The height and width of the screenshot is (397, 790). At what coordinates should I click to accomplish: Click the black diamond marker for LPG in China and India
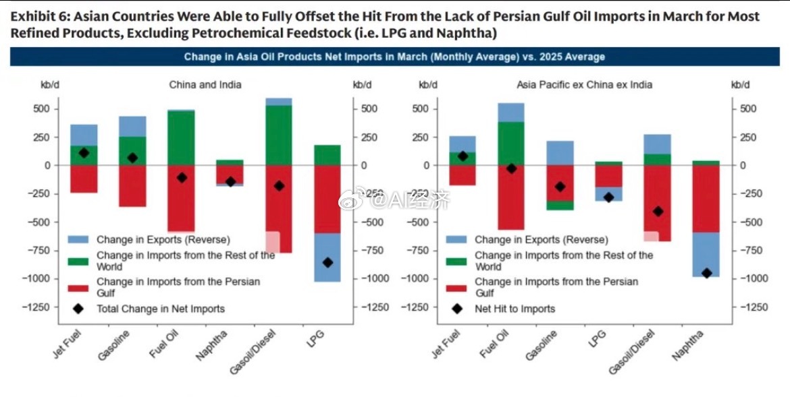(x=327, y=262)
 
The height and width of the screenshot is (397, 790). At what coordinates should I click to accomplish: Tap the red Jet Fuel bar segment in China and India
(x=84, y=179)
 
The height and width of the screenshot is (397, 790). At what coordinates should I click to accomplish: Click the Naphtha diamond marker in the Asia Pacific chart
(x=707, y=273)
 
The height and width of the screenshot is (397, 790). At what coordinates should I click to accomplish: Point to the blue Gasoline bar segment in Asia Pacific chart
(x=560, y=153)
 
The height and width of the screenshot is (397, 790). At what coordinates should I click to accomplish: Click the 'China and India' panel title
(x=205, y=85)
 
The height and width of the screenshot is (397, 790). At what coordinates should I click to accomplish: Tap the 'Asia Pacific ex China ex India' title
(x=584, y=85)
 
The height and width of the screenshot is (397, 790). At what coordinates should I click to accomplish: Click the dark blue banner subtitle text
(x=394, y=57)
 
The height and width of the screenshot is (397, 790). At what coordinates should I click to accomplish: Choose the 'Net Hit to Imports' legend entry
(x=515, y=309)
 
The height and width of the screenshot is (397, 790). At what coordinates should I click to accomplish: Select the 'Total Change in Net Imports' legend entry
(x=160, y=309)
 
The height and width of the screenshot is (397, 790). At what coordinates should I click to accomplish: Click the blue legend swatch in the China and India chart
(x=79, y=239)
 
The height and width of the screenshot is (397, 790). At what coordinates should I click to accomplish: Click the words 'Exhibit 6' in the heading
(x=37, y=16)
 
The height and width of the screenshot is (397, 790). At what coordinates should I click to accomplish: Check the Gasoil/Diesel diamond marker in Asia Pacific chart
(x=658, y=212)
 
